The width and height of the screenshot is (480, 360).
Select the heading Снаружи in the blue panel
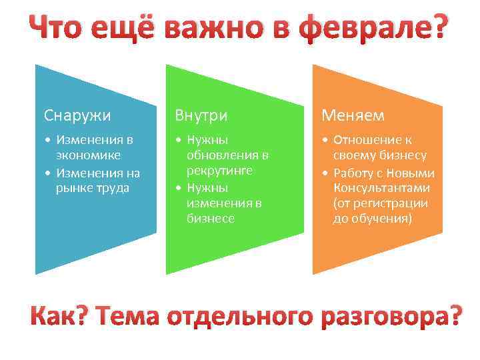[77, 115]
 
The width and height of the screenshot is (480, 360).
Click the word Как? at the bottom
[59, 317]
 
